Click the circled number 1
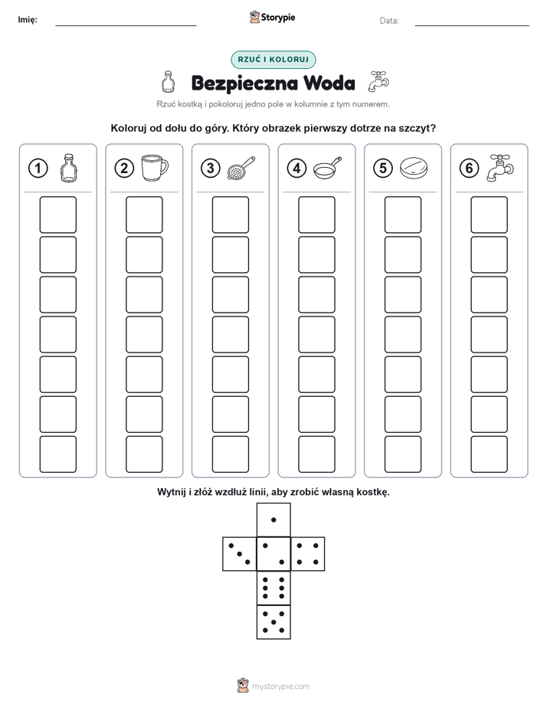38,169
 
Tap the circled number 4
296,169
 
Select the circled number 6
469,169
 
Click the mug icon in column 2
155,168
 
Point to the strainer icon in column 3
241,169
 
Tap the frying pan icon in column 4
327,169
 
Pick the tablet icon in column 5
414,168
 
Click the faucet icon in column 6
500,168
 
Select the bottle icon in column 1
69,169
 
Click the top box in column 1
57,215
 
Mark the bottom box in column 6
490,454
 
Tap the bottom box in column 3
230,454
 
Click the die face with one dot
273,520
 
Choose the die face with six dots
273,588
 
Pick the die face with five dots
273,621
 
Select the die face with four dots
308,554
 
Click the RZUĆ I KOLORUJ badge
273,60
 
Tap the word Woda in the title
329,83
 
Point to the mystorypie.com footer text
280,687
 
